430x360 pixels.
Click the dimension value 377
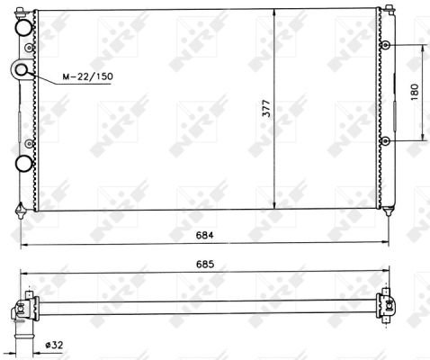point(266,108)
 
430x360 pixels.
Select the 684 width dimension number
point(205,235)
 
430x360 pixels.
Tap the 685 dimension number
point(205,265)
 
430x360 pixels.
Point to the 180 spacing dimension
point(415,92)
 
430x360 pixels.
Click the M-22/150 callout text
point(87,76)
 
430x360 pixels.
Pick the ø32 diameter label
point(54,345)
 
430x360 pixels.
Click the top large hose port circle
point(23,28)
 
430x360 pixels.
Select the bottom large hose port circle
point(23,164)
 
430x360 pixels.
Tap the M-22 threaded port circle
point(21,69)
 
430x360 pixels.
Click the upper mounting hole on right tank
point(385,46)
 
